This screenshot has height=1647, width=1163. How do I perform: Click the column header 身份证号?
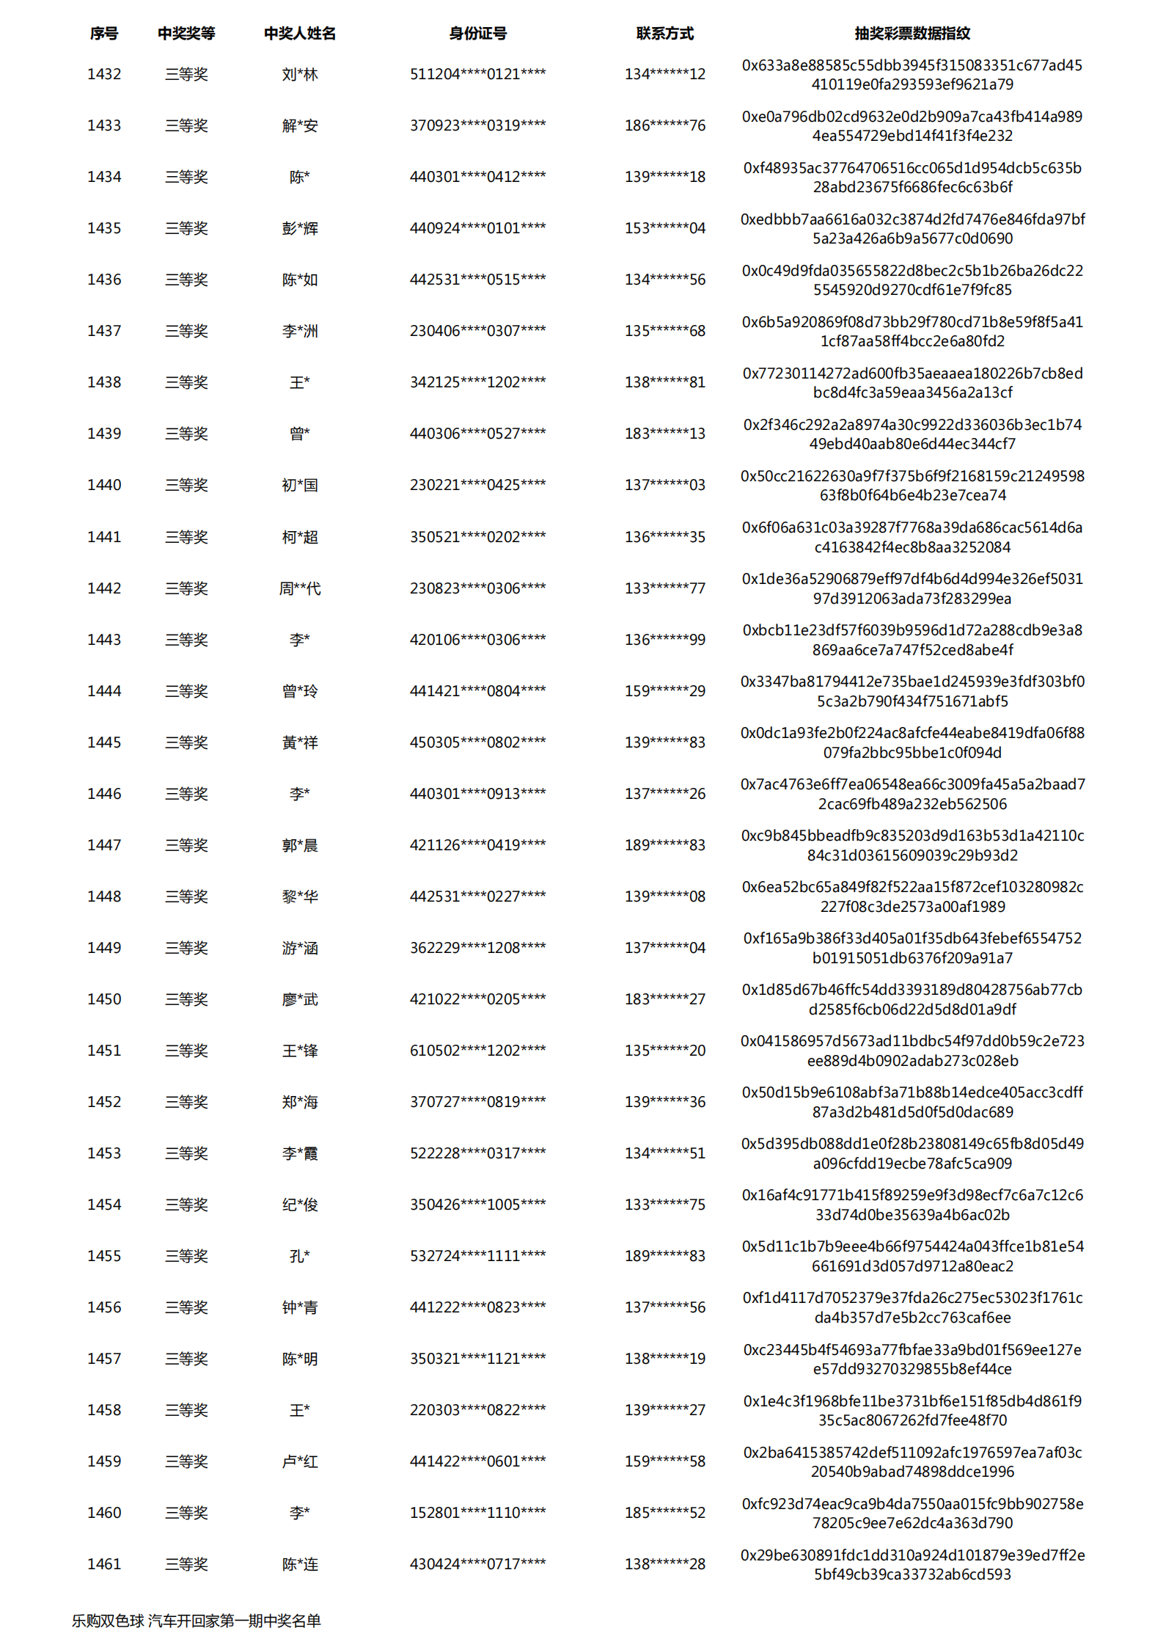point(477,33)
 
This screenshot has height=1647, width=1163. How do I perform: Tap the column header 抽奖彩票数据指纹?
point(911,33)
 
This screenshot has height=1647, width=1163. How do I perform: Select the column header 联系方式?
point(664,33)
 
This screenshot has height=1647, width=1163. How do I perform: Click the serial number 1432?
point(104,74)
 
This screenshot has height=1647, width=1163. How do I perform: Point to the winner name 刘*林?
point(300,74)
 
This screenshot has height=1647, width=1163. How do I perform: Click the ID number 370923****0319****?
point(477,125)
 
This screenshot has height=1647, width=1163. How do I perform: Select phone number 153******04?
point(664,228)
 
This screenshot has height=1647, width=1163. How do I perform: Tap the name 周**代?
point(300,588)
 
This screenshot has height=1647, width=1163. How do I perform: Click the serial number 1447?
point(104,845)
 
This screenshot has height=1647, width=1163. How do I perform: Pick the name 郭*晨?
point(300,845)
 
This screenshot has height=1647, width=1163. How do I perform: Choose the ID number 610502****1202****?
point(477,1051)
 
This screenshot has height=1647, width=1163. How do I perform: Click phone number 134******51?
point(664,1153)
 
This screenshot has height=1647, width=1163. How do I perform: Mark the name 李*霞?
point(300,1153)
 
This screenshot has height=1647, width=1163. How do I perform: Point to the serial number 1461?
point(104,1564)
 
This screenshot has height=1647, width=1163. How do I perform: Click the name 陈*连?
point(300,1564)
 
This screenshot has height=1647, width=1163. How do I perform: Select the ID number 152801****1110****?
point(477,1513)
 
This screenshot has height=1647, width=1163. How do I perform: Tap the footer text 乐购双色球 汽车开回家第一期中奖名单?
point(197,1621)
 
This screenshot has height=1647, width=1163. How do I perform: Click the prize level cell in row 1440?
point(186,485)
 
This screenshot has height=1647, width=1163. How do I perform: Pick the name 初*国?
point(300,485)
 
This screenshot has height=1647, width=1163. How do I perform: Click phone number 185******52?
point(664,1513)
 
